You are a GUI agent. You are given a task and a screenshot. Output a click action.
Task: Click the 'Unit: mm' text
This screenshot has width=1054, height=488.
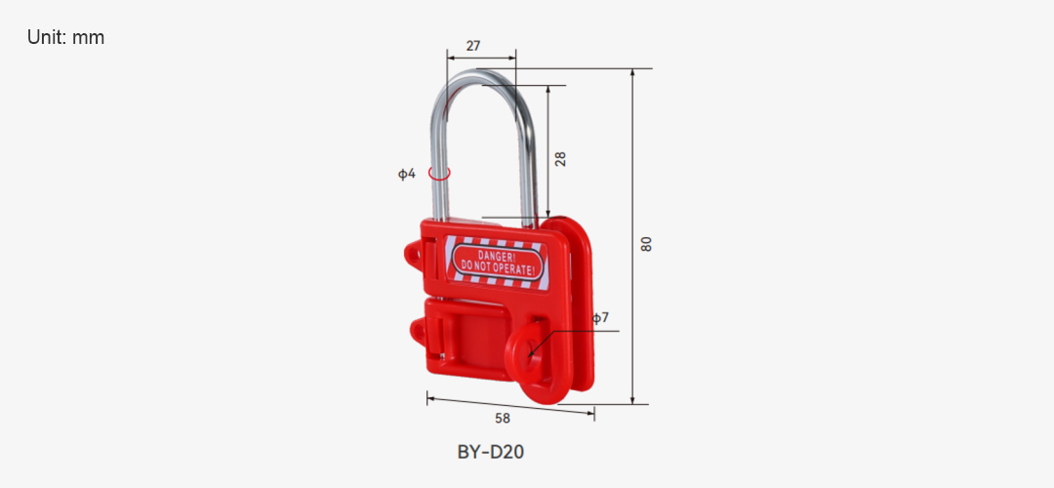click(66, 38)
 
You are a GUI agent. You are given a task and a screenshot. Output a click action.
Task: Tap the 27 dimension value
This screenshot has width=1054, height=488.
click(473, 46)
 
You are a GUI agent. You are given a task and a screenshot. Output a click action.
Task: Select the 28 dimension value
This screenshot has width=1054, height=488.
click(560, 159)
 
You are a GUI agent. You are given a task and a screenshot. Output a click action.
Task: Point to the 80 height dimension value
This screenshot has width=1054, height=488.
click(647, 244)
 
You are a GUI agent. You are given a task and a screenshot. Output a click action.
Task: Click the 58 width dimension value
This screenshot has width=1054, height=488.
click(503, 418)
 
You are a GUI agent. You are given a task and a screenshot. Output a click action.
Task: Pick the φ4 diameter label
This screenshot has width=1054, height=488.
click(407, 174)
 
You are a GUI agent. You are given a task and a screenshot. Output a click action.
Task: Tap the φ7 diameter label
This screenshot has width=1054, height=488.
click(600, 317)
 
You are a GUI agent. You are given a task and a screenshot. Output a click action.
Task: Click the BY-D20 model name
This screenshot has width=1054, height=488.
click(491, 452)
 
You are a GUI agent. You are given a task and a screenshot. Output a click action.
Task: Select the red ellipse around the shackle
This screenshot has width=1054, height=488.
click(439, 173)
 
